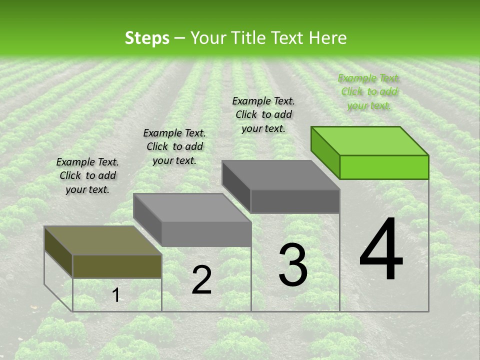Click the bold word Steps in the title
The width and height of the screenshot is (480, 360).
coord(147,38)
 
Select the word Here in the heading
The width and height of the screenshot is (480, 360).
coord(327,38)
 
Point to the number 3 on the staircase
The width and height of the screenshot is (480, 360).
coord(293,265)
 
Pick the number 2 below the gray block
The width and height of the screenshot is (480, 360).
coord(201,280)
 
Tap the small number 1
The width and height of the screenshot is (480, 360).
coord(115,295)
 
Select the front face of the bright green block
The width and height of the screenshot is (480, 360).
coord(384,167)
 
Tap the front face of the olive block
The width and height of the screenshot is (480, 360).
coord(117,266)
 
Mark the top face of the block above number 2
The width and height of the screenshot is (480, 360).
coord(192,208)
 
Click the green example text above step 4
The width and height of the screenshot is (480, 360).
coord(369,92)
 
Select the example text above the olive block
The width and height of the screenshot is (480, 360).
coord(87,176)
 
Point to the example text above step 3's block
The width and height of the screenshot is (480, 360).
coord(263,115)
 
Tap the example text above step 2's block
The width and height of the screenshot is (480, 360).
coord(174,147)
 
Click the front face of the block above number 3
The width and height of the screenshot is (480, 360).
coord(295,201)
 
